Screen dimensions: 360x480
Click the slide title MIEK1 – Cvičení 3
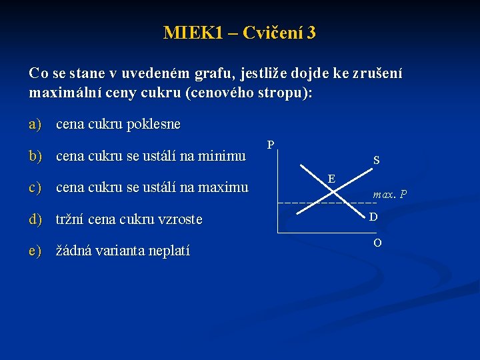click(x=239, y=33)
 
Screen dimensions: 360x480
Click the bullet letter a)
click(x=35, y=124)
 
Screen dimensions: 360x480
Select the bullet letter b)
click(x=35, y=156)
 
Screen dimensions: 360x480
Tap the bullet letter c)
click(x=35, y=188)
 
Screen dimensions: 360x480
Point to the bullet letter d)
click(x=35, y=219)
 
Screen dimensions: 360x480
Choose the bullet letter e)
click(x=35, y=251)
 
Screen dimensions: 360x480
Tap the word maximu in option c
click(x=223, y=188)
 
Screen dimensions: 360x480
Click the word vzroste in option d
click(x=180, y=219)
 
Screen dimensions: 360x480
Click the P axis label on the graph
click(x=271, y=145)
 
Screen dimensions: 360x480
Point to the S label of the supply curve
click(x=377, y=161)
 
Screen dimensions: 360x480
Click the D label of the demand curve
click(x=374, y=217)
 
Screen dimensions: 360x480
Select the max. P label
click(x=390, y=195)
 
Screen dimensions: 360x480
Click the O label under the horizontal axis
click(x=377, y=243)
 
